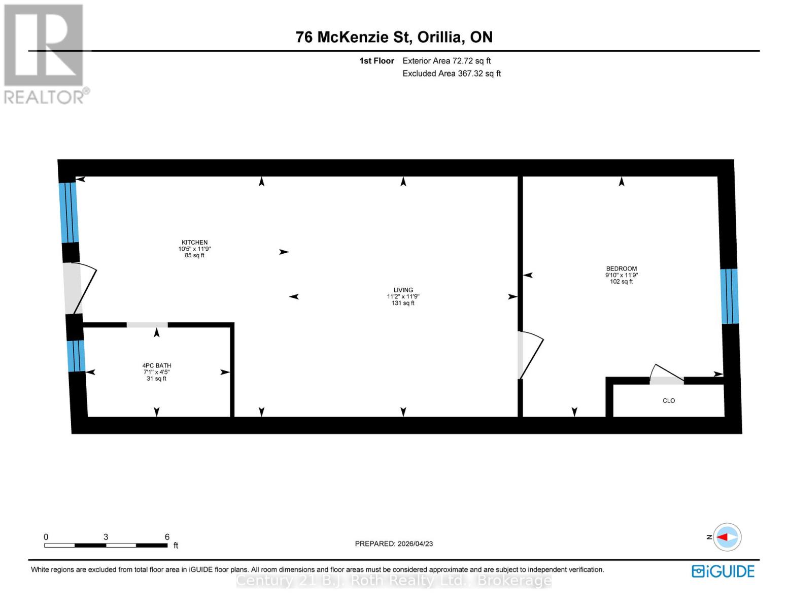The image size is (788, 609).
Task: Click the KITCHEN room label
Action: point(195,243)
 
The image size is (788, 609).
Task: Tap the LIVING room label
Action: point(403,290)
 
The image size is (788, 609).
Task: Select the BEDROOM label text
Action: point(621,269)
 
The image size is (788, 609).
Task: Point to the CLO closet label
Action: point(669,401)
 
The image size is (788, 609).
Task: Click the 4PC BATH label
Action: point(156,365)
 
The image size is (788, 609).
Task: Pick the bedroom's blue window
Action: point(729,296)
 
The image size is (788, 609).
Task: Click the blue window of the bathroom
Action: point(76,356)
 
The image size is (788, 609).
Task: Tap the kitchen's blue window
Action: point(68,212)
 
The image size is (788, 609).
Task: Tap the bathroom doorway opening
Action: point(147,325)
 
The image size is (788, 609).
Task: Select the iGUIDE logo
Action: point(723,571)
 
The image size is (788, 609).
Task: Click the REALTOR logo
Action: point(45,53)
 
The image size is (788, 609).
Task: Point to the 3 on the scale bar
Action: point(106,537)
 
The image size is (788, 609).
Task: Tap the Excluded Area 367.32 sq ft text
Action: point(452,74)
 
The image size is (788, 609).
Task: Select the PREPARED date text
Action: point(394,544)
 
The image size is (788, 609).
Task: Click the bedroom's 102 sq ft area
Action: point(621,282)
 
